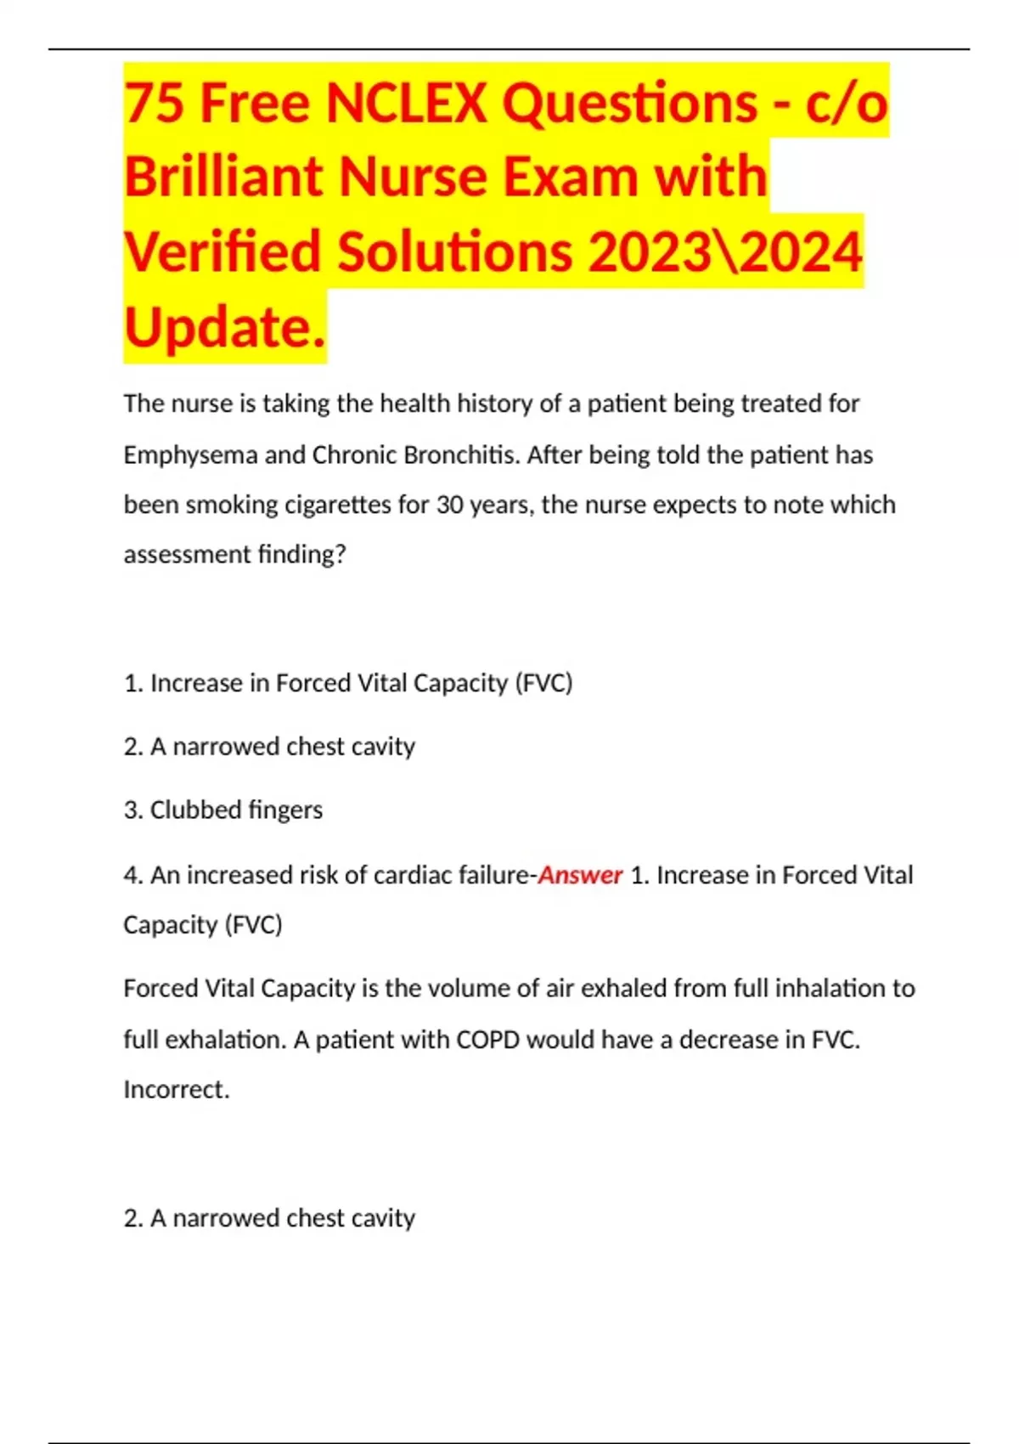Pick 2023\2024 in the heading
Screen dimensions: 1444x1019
[725, 252]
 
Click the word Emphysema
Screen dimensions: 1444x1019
[190, 455]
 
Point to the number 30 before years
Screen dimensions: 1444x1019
[449, 505]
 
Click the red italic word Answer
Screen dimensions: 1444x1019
[581, 875]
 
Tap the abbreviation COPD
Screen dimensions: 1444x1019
[487, 1040]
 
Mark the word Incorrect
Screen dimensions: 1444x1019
[176, 1090]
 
